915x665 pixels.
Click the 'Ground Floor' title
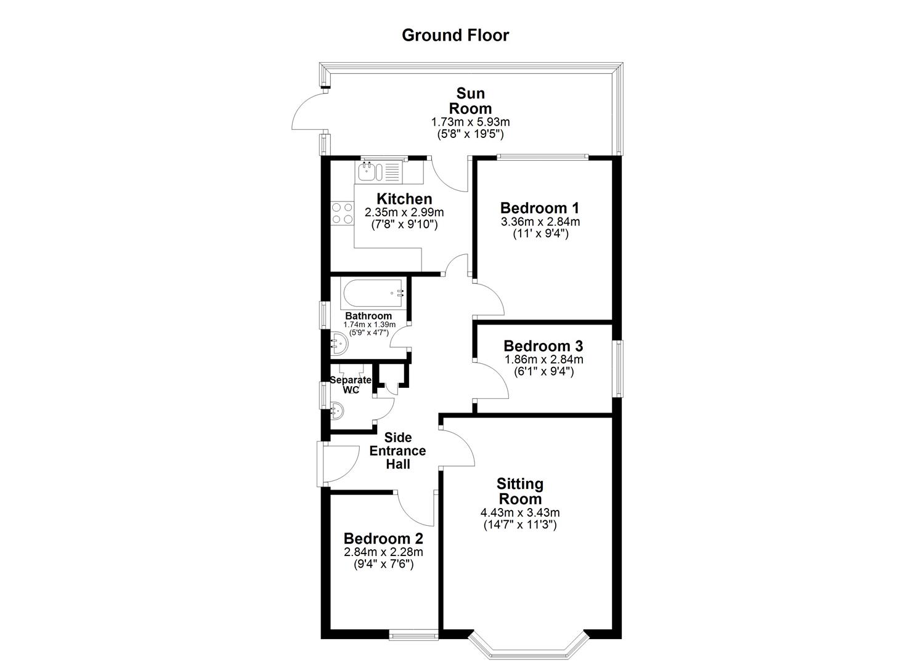(455, 35)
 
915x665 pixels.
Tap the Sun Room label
(470, 101)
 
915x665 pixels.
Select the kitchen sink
(378, 171)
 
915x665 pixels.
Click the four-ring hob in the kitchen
(343, 213)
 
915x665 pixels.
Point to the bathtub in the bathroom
(373, 294)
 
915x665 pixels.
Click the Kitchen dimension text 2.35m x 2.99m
(404, 212)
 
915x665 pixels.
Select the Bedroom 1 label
(540, 208)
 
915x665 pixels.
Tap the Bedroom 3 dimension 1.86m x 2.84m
(543, 360)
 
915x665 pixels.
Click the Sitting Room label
(521, 491)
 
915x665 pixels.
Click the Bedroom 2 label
(383, 538)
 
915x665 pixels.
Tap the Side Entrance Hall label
(397, 451)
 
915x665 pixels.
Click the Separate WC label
(350, 385)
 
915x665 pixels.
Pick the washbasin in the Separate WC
(338, 409)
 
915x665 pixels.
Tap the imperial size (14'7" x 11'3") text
(519, 525)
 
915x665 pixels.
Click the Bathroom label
(368, 316)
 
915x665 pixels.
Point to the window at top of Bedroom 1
(541, 156)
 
